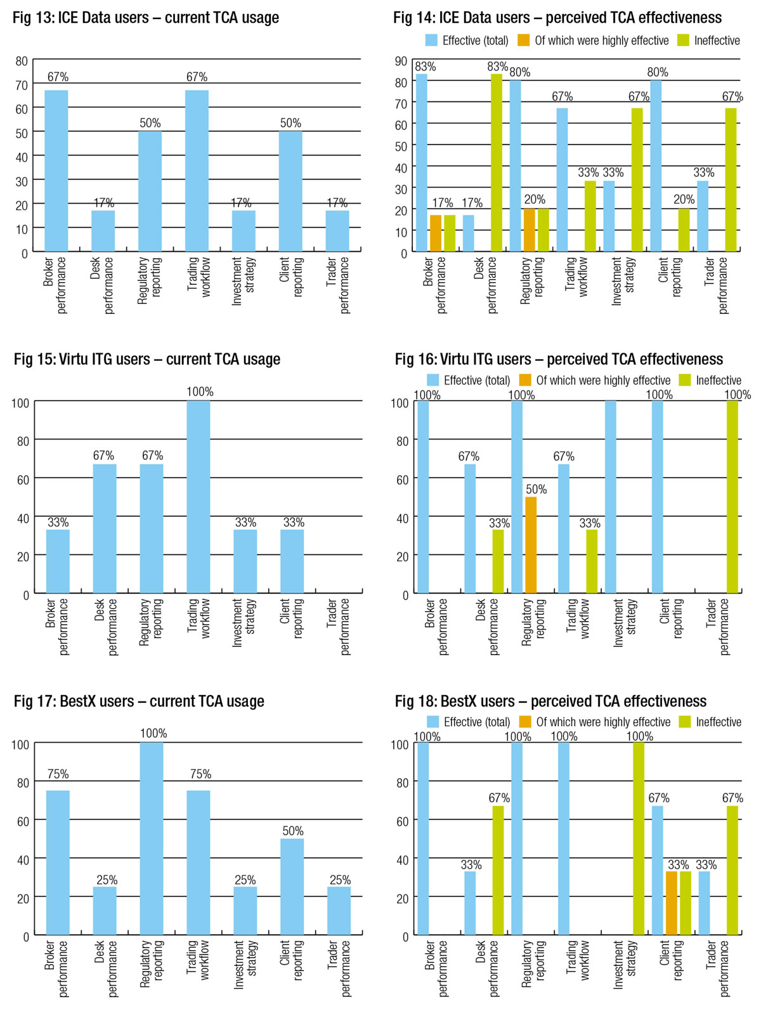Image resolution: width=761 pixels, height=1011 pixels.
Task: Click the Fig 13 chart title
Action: (146, 18)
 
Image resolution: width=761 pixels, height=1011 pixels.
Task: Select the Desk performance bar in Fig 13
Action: (103, 231)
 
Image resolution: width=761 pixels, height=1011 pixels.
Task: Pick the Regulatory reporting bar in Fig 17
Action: (152, 838)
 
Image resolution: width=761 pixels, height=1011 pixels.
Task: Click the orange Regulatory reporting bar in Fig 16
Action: (531, 545)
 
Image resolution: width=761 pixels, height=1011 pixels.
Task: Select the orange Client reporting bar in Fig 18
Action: (672, 903)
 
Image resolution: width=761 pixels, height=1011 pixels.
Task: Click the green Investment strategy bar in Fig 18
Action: (639, 838)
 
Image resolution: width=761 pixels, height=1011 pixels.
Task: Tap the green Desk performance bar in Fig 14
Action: (497, 163)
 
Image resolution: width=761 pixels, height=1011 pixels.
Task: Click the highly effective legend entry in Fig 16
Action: (595, 381)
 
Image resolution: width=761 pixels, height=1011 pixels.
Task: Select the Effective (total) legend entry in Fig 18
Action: (469, 722)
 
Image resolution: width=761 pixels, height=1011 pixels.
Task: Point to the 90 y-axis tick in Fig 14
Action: (401, 61)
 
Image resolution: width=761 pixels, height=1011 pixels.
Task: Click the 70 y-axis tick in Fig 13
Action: (22, 85)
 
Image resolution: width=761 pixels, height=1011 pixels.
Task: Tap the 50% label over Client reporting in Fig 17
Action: (292, 831)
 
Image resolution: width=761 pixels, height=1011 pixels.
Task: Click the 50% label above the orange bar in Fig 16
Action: (536, 490)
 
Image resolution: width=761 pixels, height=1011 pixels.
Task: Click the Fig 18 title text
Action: (550, 701)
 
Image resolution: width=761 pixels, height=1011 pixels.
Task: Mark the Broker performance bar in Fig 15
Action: (58, 561)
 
